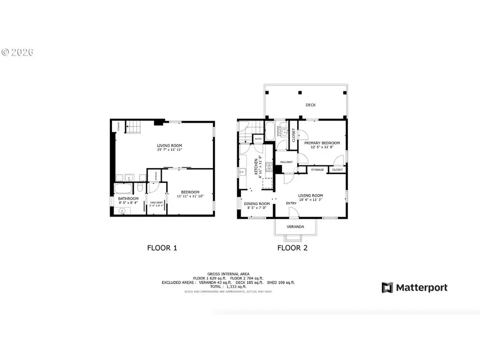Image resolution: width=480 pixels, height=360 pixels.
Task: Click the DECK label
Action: [x=310, y=105]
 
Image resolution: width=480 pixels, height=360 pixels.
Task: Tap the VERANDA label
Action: [x=295, y=227]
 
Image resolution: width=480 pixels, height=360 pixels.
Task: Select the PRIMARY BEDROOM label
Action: [x=322, y=143]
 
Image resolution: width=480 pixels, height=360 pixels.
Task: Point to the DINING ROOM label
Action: [x=257, y=204]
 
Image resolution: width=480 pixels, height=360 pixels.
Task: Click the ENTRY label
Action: [x=291, y=203]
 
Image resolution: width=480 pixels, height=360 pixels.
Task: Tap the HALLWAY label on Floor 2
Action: [x=286, y=162]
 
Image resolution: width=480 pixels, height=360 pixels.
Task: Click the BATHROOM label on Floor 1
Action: [x=128, y=198]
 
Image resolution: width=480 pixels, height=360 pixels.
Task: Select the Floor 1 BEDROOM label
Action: [x=190, y=192]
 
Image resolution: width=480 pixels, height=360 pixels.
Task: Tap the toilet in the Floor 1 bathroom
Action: [x=139, y=188]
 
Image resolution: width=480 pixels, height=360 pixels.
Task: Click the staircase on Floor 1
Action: [x=132, y=128]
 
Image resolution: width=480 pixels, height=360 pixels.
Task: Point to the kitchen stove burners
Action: [x=269, y=169]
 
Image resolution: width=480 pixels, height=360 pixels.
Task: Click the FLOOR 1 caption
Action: [x=162, y=247]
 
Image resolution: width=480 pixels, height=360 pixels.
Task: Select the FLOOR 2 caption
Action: [x=292, y=247]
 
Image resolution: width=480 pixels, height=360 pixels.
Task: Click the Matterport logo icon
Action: [x=387, y=288]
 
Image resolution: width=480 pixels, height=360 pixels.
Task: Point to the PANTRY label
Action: [x=258, y=139]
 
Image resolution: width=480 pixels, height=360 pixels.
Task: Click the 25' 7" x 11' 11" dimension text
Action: [x=170, y=150]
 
